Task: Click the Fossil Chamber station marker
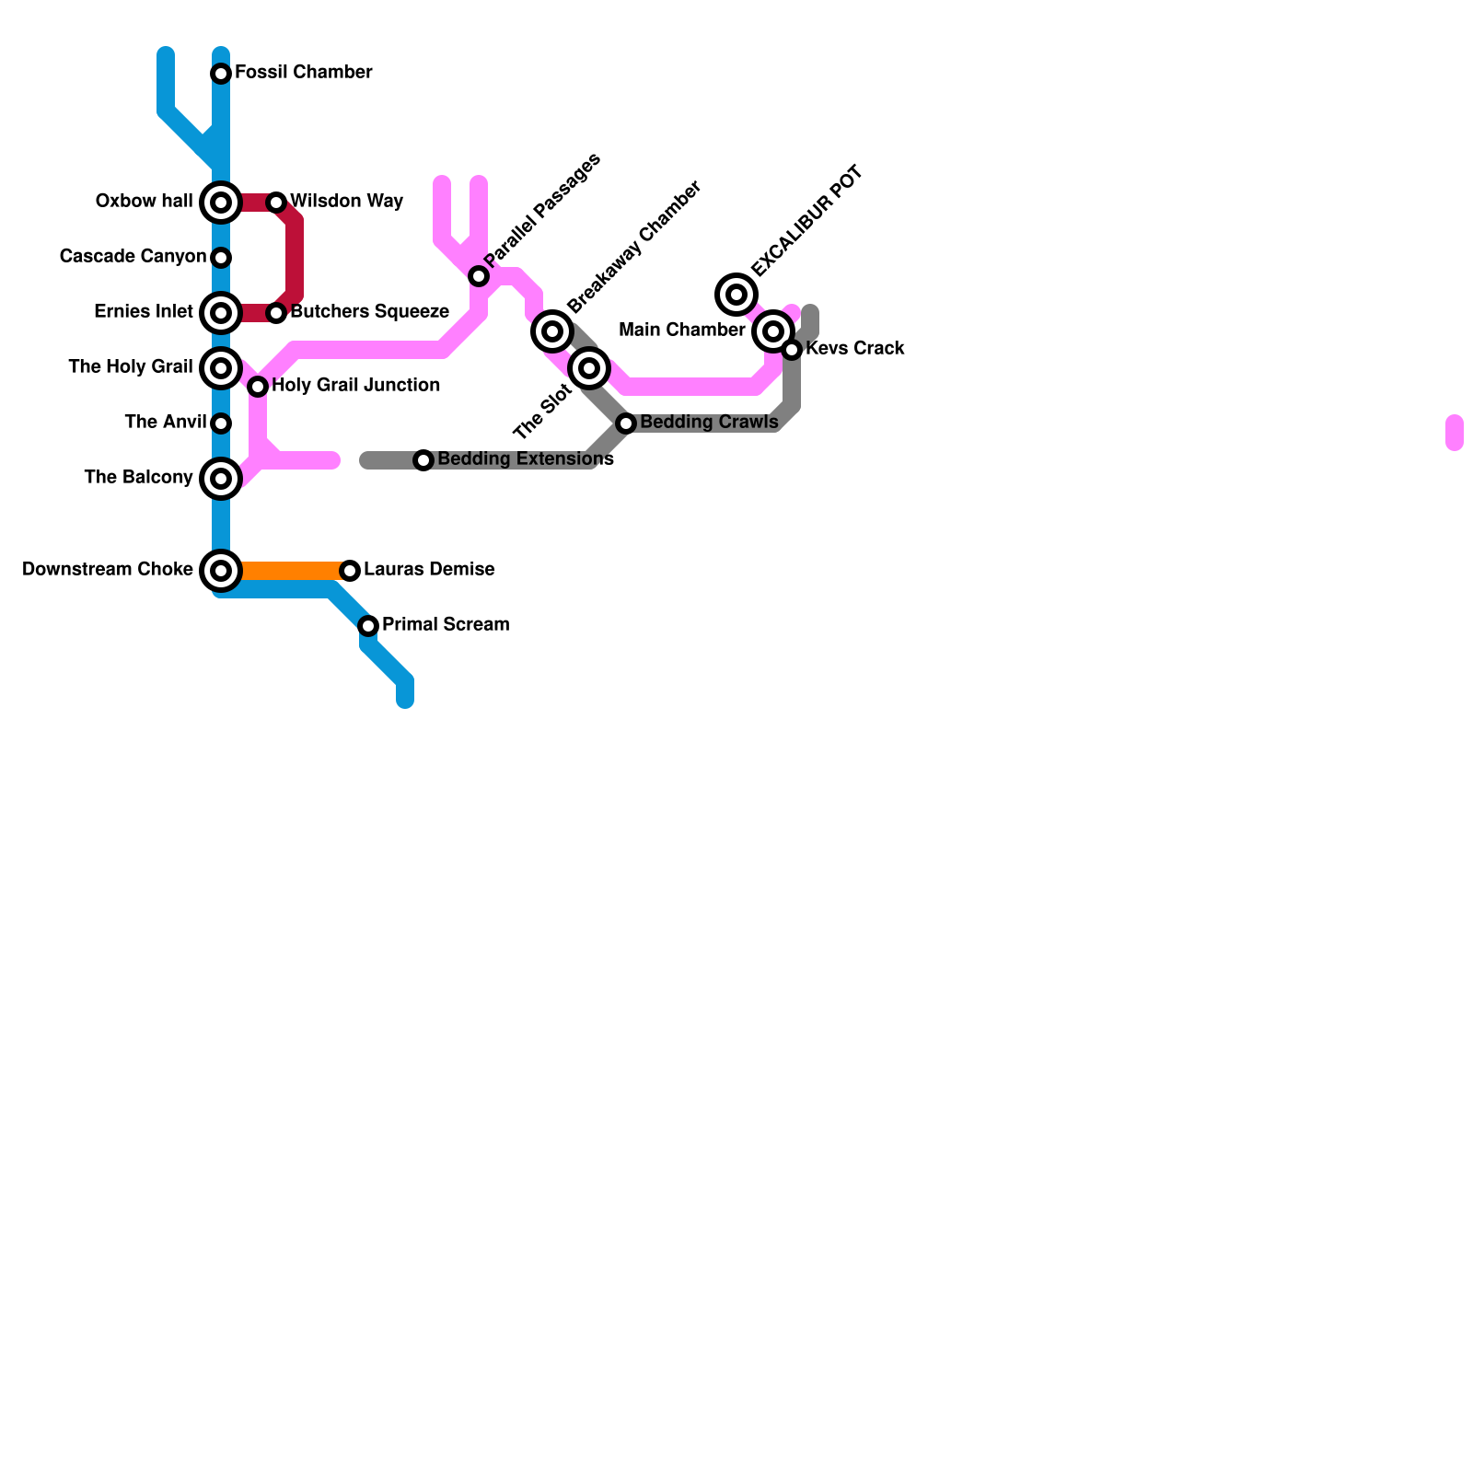point(221,74)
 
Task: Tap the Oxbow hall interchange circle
point(221,203)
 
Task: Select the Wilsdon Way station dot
point(276,203)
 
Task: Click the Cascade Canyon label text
point(133,257)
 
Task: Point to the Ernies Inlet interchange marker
point(221,313)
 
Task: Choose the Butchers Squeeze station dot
point(276,313)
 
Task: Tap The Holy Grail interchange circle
point(221,368)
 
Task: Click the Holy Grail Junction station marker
point(258,387)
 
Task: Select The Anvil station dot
point(221,423)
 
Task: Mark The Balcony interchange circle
point(221,479)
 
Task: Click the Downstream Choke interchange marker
point(221,571)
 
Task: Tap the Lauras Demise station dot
point(350,571)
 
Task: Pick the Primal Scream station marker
point(368,626)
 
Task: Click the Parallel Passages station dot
point(479,276)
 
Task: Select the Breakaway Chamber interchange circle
point(552,331)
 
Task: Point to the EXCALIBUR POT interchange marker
point(736,295)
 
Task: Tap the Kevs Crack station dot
point(792,350)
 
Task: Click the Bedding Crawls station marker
point(626,423)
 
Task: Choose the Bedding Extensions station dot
point(423,460)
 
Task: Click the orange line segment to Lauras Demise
point(285,571)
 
